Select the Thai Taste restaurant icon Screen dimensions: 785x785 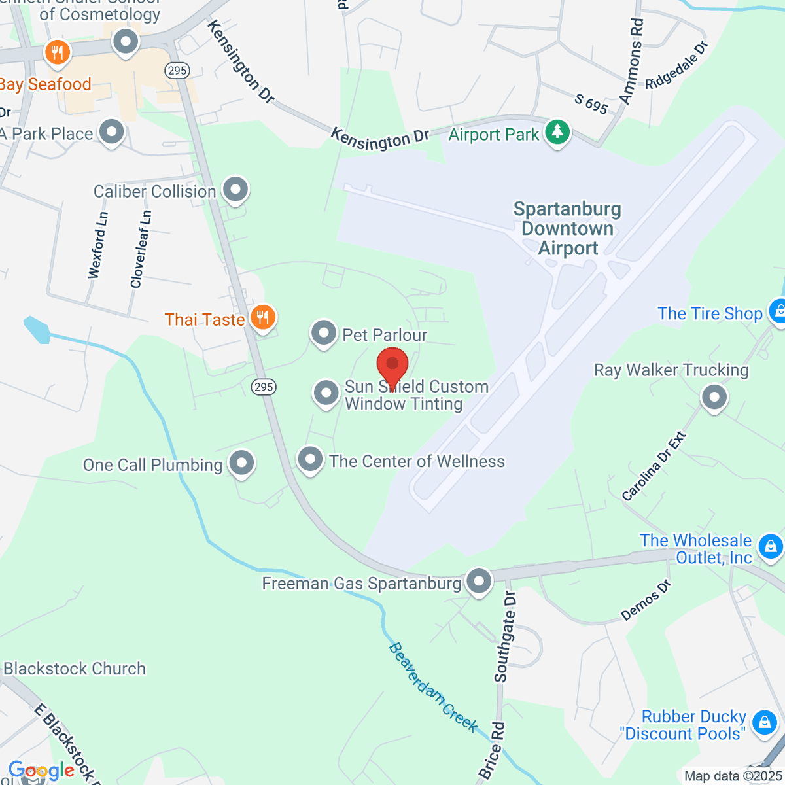[263, 319]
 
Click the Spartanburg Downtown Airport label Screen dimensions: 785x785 [567, 228]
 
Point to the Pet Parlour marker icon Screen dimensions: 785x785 [323, 334]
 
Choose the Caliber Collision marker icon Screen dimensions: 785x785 [235, 190]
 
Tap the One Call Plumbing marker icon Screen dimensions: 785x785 [242, 463]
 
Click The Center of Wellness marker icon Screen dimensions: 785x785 [310, 460]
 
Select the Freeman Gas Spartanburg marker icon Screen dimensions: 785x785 [480, 581]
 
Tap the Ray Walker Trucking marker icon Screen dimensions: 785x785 [714, 396]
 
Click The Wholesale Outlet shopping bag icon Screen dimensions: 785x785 [770, 546]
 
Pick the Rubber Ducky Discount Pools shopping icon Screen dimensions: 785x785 [763, 722]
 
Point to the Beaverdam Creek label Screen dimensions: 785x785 [432, 687]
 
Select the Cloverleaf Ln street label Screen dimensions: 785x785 [141, 249]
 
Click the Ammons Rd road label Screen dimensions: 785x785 [631, 61]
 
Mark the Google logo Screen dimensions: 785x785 [41, 771]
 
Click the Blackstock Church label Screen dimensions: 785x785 [75, 669]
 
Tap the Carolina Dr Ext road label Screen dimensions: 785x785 [654, 466]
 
